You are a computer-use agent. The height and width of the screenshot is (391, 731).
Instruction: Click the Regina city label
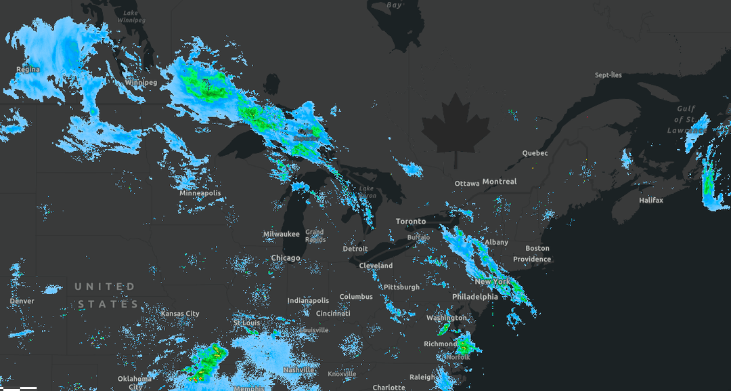pos(28,70)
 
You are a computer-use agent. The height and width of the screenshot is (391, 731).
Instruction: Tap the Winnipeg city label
pos(141,83)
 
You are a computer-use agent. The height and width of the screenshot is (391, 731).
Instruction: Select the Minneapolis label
pos(200,193)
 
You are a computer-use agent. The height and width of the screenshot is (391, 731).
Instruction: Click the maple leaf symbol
pos(456,129)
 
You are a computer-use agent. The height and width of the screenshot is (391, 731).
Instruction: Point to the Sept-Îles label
pos(608,75)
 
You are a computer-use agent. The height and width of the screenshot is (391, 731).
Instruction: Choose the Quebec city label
pos(535,153)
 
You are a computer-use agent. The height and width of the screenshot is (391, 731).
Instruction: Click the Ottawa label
pos(467,184)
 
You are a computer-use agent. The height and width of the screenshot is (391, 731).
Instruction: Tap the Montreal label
pos(500,182)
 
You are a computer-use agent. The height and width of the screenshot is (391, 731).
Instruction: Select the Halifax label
pos(651,201)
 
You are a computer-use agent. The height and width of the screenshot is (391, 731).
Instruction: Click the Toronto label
pos(411,222)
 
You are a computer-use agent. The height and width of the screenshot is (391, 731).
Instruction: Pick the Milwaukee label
pos(281,234)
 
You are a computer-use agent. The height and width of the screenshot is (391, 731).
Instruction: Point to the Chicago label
pos(286,258)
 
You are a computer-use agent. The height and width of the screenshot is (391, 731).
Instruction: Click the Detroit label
pos(355,249)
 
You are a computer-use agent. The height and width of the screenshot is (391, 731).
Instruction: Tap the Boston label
pos(537,249)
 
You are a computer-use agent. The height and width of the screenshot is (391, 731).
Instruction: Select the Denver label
pos(22,301)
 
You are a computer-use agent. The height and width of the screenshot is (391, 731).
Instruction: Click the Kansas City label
pos(180,314)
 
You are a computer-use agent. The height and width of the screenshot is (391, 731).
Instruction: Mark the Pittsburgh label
pos(401,287)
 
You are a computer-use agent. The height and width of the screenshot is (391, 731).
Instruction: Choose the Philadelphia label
pos(475,297)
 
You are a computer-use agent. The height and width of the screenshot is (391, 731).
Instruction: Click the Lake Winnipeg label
pos(131,17)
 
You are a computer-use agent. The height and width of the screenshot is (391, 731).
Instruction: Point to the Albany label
pos(496,243)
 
